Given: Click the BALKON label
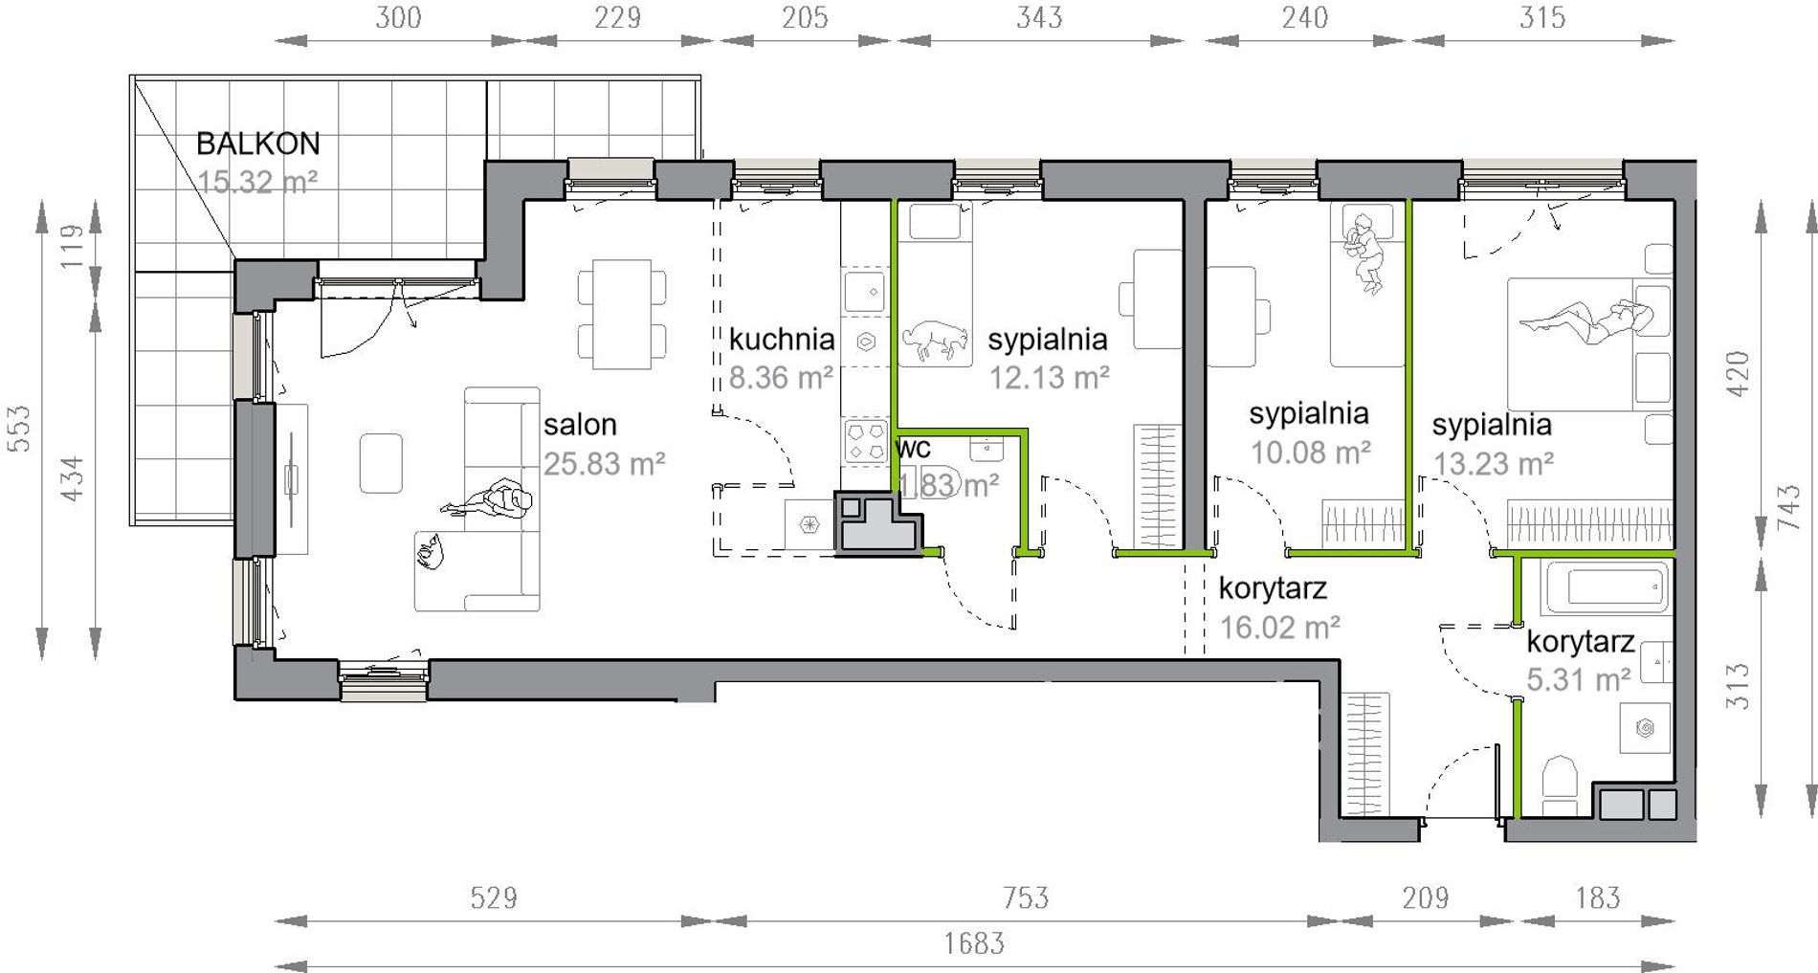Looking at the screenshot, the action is click(x=257, y=144).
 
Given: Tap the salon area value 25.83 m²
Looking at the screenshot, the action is click(x=604, y=464).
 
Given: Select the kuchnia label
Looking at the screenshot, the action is click(x=782, y=339).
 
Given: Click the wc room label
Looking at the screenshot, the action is click(x=914, y=448).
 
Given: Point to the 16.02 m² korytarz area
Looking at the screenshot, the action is click(x=1279, y=628).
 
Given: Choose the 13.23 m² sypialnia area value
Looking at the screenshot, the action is click(x=1493, y=464).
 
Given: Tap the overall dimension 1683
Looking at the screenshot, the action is click(x=974, y=944).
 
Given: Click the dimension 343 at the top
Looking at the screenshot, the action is click(x=1039, y=17).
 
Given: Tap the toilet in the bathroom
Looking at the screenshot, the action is click(x=1560, y=786).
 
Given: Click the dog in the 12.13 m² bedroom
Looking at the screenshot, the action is click(x=932, y=340).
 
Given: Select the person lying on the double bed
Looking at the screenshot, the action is click(x=1585, y=321).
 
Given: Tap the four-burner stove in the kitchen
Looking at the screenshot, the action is click(x=866, y=442).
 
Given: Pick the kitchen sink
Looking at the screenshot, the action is click(x=866, y=291).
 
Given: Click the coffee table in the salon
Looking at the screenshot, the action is click(x=381, y=463).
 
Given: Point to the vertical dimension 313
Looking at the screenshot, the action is click(x=1738, y=685).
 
